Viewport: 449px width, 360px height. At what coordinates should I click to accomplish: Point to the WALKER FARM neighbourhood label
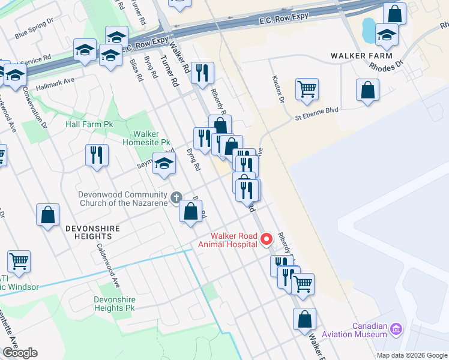click(x=357, y=56)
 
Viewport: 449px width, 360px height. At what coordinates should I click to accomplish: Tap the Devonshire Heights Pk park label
click(x=115, y=304)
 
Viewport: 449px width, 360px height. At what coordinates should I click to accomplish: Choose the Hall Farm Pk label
click(x=89, y=125)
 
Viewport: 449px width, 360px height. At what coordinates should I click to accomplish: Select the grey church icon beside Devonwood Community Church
click(x=176, y=197)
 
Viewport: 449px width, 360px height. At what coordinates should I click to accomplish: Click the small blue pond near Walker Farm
click(x=368, y=27)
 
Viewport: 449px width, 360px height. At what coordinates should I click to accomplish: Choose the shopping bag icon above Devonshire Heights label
click(x=47, y=215)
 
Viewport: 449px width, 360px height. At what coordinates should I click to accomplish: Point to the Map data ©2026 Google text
click(x=411, y=355)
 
